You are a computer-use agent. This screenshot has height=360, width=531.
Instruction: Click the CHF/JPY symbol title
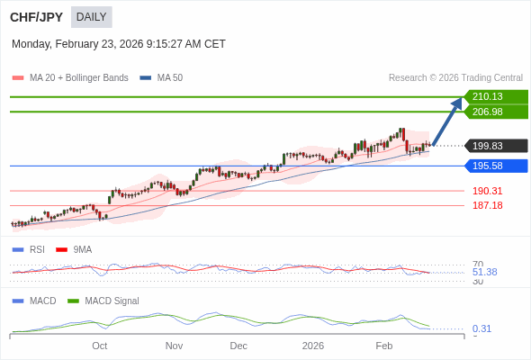pyautogui.click(x=37, y=17)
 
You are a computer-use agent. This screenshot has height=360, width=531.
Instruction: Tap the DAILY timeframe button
pyautogui.click(x=91, y=17)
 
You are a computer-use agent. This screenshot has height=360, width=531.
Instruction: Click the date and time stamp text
pyautogui.click(x=119, y=44)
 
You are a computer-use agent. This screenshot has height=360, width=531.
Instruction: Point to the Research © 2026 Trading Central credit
pyautogui.click(x=455, y=77)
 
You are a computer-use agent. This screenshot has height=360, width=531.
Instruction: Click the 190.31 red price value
pyautogui.click(x=487, y=191)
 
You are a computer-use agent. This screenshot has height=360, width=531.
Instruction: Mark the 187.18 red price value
pyautogui.click(x=487, y=205)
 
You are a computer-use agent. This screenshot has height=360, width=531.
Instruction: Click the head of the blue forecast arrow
pyautogui.click(x=458, y=102)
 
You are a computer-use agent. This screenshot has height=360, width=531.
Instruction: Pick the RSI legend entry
pyautogui.click(x=37, y=249)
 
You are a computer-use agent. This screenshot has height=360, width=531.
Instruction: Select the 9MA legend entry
pyautogui.click(x=82, y=249)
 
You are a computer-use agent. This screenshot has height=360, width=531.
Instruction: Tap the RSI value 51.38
pyautogui.click(x=484, y=272)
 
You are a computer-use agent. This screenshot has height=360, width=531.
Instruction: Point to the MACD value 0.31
pyautogui.click(x=481, y=328)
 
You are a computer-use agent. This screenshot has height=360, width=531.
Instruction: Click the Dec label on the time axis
pyautogui.click(x=238, y=346)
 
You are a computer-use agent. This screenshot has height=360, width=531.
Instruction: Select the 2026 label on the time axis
pyautogui.click(x=312, y=346)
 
